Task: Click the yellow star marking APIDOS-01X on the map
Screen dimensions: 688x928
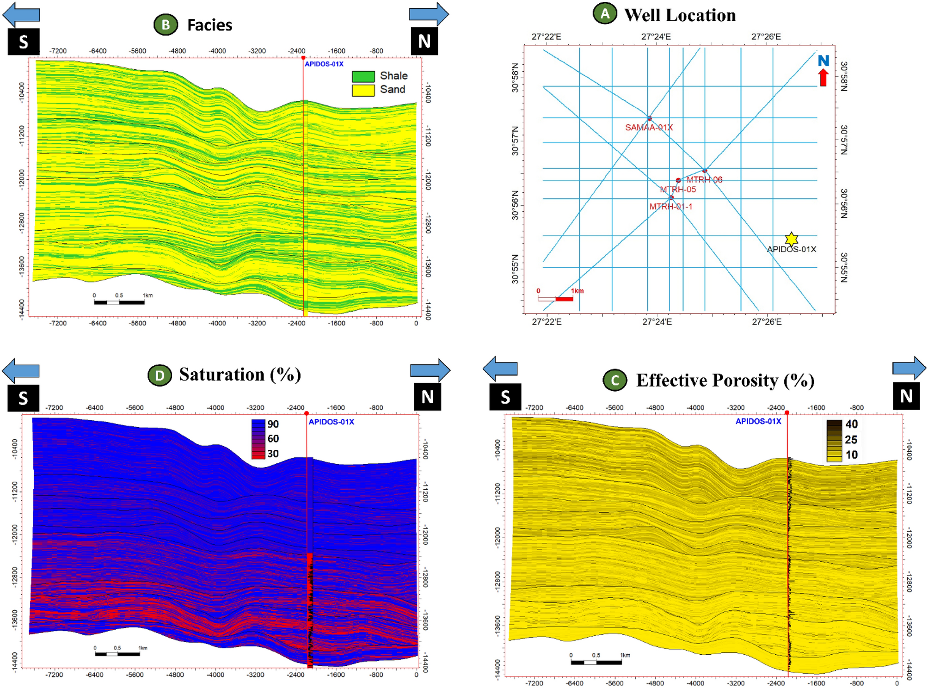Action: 791,239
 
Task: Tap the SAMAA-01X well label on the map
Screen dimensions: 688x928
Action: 648,127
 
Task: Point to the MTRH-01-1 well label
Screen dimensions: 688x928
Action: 670,206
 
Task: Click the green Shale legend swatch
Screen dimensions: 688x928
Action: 363,76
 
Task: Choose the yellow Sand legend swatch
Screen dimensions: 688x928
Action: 363,90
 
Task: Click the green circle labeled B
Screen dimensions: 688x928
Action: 166,25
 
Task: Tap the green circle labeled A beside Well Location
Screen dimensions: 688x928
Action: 605,14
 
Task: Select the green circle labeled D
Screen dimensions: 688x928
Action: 160,375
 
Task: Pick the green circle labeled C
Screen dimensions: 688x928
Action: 615,380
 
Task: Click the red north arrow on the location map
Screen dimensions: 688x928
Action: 823,77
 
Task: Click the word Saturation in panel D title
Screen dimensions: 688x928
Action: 222,375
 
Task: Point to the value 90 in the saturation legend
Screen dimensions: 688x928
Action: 273,424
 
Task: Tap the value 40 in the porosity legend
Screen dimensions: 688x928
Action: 851,424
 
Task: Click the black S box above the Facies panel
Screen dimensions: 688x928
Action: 24,42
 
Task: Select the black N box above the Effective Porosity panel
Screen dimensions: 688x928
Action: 906,396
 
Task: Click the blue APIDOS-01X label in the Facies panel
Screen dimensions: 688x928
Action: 324,64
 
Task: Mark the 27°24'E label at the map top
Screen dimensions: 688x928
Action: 656,37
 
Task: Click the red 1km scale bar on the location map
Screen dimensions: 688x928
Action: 564,299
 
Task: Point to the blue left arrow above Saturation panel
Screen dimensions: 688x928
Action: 21,370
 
